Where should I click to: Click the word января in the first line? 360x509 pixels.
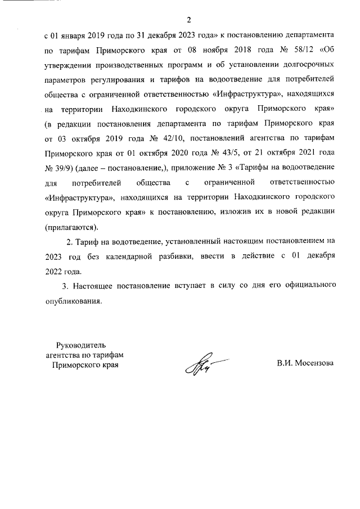tap(76, 35)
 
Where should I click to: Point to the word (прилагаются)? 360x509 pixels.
tap(71, 227)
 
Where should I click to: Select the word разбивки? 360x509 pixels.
tap(190, 256)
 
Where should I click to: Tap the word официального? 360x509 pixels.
tap(309, 285)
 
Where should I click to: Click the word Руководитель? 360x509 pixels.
tap(82, 345)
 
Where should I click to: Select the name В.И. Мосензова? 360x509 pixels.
tap(305, 363)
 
